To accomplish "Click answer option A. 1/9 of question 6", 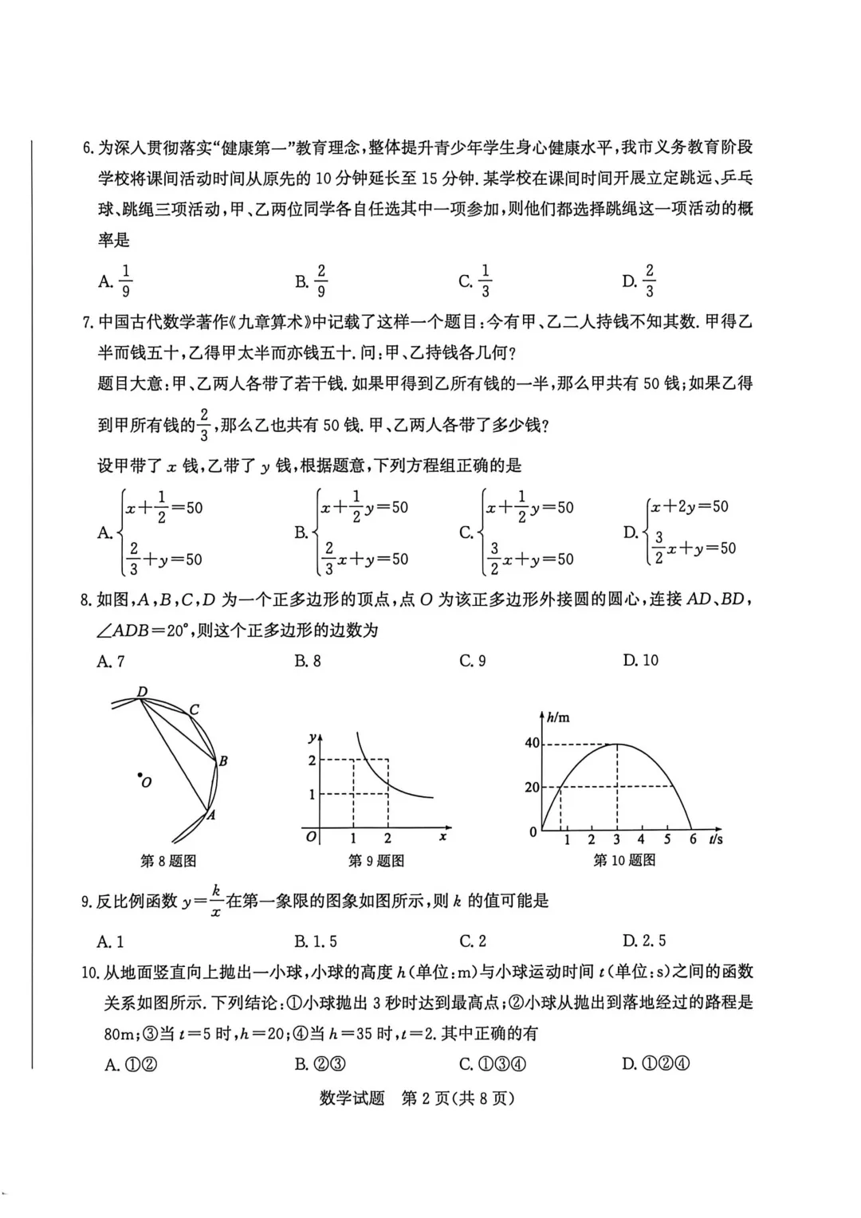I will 116,281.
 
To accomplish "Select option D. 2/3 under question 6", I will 639,281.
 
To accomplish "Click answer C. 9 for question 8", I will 473,661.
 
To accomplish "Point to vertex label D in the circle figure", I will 142,691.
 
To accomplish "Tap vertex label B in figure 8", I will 223,761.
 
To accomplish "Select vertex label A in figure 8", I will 211,815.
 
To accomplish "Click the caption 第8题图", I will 167,861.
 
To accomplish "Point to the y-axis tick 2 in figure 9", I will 312,760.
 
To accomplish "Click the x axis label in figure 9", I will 442,837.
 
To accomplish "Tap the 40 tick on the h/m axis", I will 532,743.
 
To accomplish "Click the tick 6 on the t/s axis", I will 693,839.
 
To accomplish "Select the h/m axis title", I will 558,717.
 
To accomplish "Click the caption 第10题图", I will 624,860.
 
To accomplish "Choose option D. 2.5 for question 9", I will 644,941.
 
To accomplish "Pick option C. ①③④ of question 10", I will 493,1064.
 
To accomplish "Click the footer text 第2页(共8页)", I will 458,1098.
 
